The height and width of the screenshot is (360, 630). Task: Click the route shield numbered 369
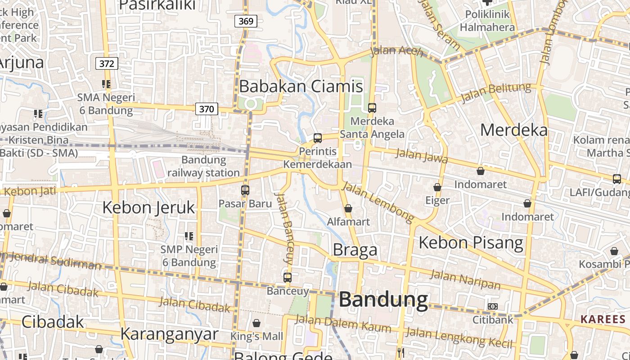(x=246, y=21)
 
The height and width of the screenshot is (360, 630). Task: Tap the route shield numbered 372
(x=107, y=63)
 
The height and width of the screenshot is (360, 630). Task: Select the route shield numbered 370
(x=207, y=108)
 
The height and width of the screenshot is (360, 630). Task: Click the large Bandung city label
(x=383, y=299)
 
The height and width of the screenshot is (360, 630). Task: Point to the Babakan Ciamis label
(x=301, y=86)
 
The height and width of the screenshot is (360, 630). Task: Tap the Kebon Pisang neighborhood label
(x=471, y=243)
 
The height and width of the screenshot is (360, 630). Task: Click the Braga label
(x=355, y=250)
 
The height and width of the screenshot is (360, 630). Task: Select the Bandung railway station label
(x=203, y=166)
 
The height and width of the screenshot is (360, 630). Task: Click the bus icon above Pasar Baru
(x=245, y=190)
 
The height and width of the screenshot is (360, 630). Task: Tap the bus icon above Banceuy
(x=288, y=277)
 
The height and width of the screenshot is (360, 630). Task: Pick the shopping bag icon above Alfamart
(x=348, y=208)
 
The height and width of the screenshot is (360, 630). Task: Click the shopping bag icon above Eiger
(x=437, y=187)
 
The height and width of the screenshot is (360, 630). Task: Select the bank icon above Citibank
(x=493, y=306)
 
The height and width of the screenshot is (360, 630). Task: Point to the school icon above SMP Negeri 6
(x=189, y=236)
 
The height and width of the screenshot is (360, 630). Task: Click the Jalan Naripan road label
(x=465, y=279)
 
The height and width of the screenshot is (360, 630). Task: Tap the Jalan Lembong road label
(x=378, y=202)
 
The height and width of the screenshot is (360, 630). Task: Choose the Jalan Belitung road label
(x=496, y=92)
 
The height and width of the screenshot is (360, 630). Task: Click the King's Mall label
(x=256, y=336)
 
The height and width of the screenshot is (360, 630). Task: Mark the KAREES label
(x=603, y=319)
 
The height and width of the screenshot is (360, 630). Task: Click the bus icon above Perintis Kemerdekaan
(x=318, y=138)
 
